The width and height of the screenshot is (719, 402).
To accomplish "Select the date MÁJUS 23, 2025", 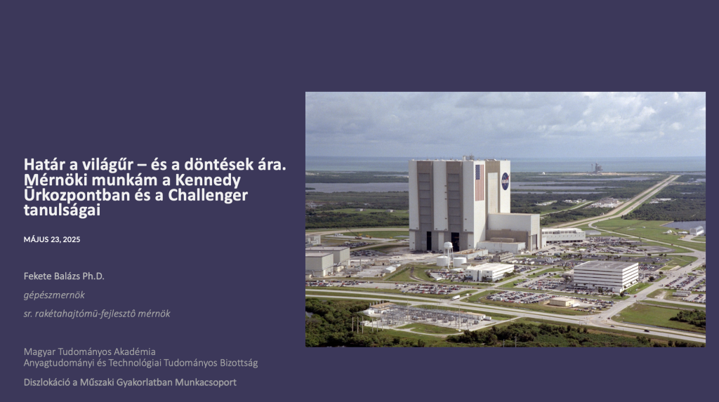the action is click(x=52, y=239).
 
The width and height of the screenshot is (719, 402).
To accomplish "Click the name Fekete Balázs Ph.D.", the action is click(x=64, y=276).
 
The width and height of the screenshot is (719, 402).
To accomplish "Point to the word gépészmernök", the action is click(x=54, y=295).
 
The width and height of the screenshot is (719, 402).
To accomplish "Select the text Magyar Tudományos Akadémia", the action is click(x=90, y=351).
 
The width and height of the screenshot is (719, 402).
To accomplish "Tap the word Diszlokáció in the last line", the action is click(x=47, y=382).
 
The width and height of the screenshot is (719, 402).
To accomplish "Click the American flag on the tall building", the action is click(x=479, y=182).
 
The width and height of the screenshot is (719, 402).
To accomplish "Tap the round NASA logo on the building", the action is click(x=505, y=181).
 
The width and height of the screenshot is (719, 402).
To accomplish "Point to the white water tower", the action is click(x=448, y=253).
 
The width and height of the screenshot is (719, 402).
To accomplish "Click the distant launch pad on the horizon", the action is click(x=597, y=168).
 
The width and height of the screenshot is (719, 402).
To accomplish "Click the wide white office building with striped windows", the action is click(x=606, y=275).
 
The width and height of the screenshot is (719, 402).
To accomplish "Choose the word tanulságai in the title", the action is click(x=62, y=210).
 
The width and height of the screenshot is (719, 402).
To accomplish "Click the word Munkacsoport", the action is click(x=206, y=382).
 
